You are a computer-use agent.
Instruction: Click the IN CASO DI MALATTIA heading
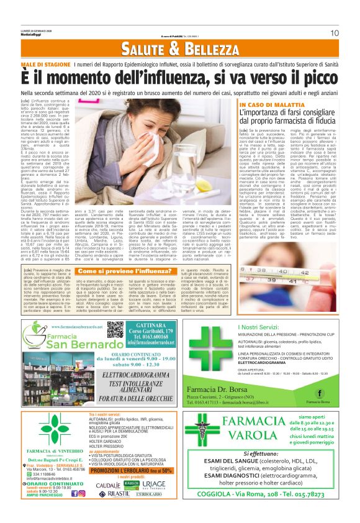[269, 106]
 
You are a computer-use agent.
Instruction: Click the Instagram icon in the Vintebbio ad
[81, 493]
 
